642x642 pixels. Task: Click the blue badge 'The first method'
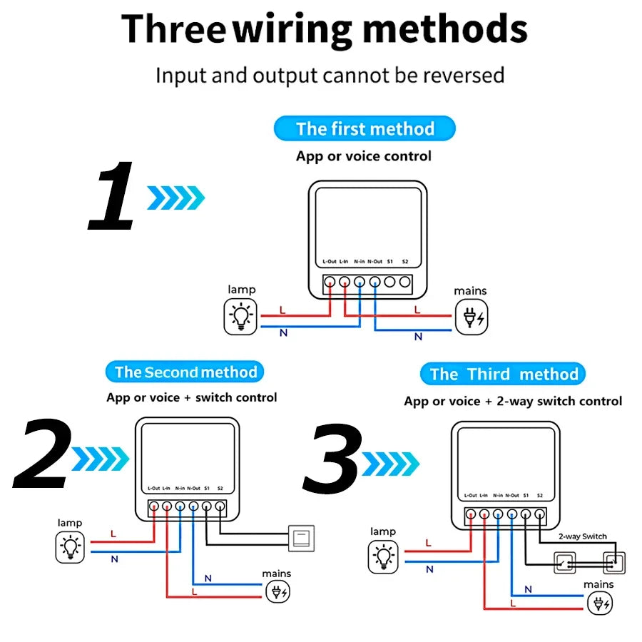[x=365, y=129]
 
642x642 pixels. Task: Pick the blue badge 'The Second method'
[x=185, y=372]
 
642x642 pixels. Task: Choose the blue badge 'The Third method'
[x=504, y=374]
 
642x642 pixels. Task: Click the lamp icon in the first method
[x=241, y=317]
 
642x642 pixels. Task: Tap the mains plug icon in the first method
[x=472, y=317]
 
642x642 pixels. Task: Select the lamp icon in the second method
[x=71, y=547]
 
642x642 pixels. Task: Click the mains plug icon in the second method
[x=277, y=592]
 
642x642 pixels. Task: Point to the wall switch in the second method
[x=300, y=537]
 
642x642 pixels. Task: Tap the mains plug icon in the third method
[x=599, y=604]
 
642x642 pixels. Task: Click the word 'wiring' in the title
[x=293, y=30]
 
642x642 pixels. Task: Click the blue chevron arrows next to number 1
[x=175, y=198]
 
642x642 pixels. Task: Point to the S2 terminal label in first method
[x=405, y=261]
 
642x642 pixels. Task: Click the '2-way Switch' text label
[x=583, y=536]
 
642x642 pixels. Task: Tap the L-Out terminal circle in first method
[x=330, y=281]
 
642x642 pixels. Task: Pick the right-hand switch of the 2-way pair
[x=613, y=563]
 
